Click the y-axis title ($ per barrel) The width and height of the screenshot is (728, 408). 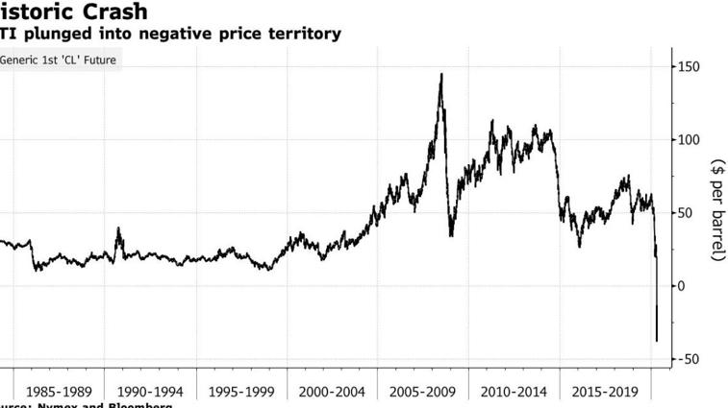tap(716, 209)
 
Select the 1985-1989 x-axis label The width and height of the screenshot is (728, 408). tap(60, 392)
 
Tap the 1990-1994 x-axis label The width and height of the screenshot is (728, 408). tap(150, 392)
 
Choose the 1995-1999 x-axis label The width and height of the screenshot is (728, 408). tap(241, 392)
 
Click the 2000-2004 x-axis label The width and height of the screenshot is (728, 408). tap(332, 392)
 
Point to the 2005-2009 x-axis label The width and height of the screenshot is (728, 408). tap(423, 392)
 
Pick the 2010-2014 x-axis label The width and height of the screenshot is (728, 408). tap(514, 392)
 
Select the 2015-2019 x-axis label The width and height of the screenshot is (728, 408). tap(605, 392)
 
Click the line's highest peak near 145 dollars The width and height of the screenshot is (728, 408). tap(441, 74)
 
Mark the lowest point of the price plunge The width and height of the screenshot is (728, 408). tap(656, 341)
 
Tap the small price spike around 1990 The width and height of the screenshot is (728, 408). tap(118, 228)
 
